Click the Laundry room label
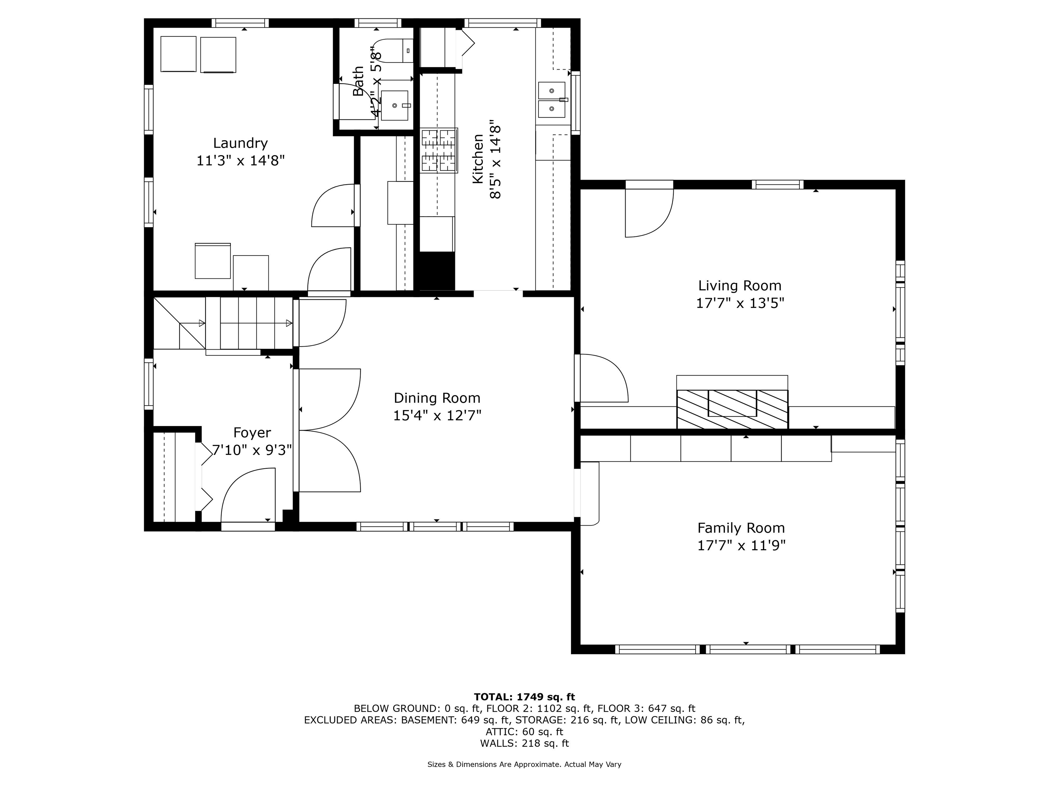click(x=240, y=143)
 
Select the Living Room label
click(x=739, y=286)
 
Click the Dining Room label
click(x=437, y=398)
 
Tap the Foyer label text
click(x=252, y=433)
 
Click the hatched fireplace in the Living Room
click(x=732, y=409)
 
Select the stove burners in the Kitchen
click(x=439, y=150)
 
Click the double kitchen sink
click(x=551, y=100)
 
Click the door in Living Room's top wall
click(x=649, y=211)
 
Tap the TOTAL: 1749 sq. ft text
click(x=524, y=697)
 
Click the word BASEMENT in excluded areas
click(x=430, y=720)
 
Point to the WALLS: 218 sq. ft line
click(x=524, y=743)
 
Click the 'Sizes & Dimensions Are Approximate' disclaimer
click(x=524, y=764)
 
